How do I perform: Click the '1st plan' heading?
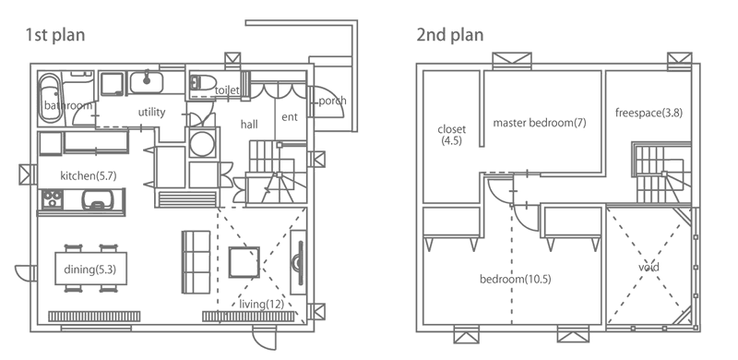point(55,35)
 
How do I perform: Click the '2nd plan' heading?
point(450,35)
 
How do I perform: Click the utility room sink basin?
point(147,82)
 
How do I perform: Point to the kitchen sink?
point(99,199)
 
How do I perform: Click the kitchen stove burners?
point(52,199)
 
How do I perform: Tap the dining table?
point(90,269)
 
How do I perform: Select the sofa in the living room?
point(196,262)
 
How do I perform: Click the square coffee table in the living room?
point(244,262)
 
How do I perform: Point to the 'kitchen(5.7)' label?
point(89,176)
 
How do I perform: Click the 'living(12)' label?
point(262,305)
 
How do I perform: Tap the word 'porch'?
point(332,101)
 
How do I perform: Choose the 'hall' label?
point(249,125)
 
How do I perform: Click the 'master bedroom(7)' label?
point(540,124)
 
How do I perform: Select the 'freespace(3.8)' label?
point(649,114)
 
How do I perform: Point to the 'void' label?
point(649,268)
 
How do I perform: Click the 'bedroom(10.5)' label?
point(516,280)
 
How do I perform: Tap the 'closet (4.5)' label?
point(451,135)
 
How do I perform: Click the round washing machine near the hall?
point(202,142)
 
